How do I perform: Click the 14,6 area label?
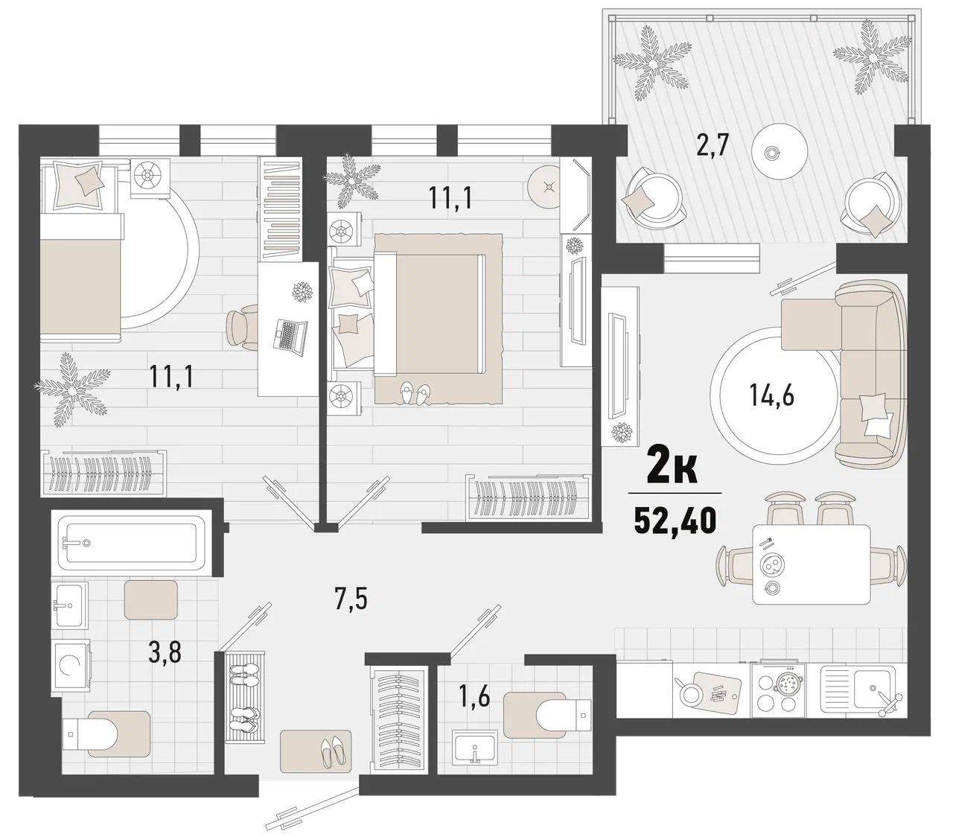772,395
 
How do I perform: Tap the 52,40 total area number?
675,521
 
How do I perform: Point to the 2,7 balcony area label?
713,144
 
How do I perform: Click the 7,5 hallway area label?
351,600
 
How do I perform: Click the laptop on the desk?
290,335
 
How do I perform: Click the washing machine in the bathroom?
71,665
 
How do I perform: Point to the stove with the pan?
778,691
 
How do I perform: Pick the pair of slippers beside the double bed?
415,393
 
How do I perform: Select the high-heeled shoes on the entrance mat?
335,751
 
